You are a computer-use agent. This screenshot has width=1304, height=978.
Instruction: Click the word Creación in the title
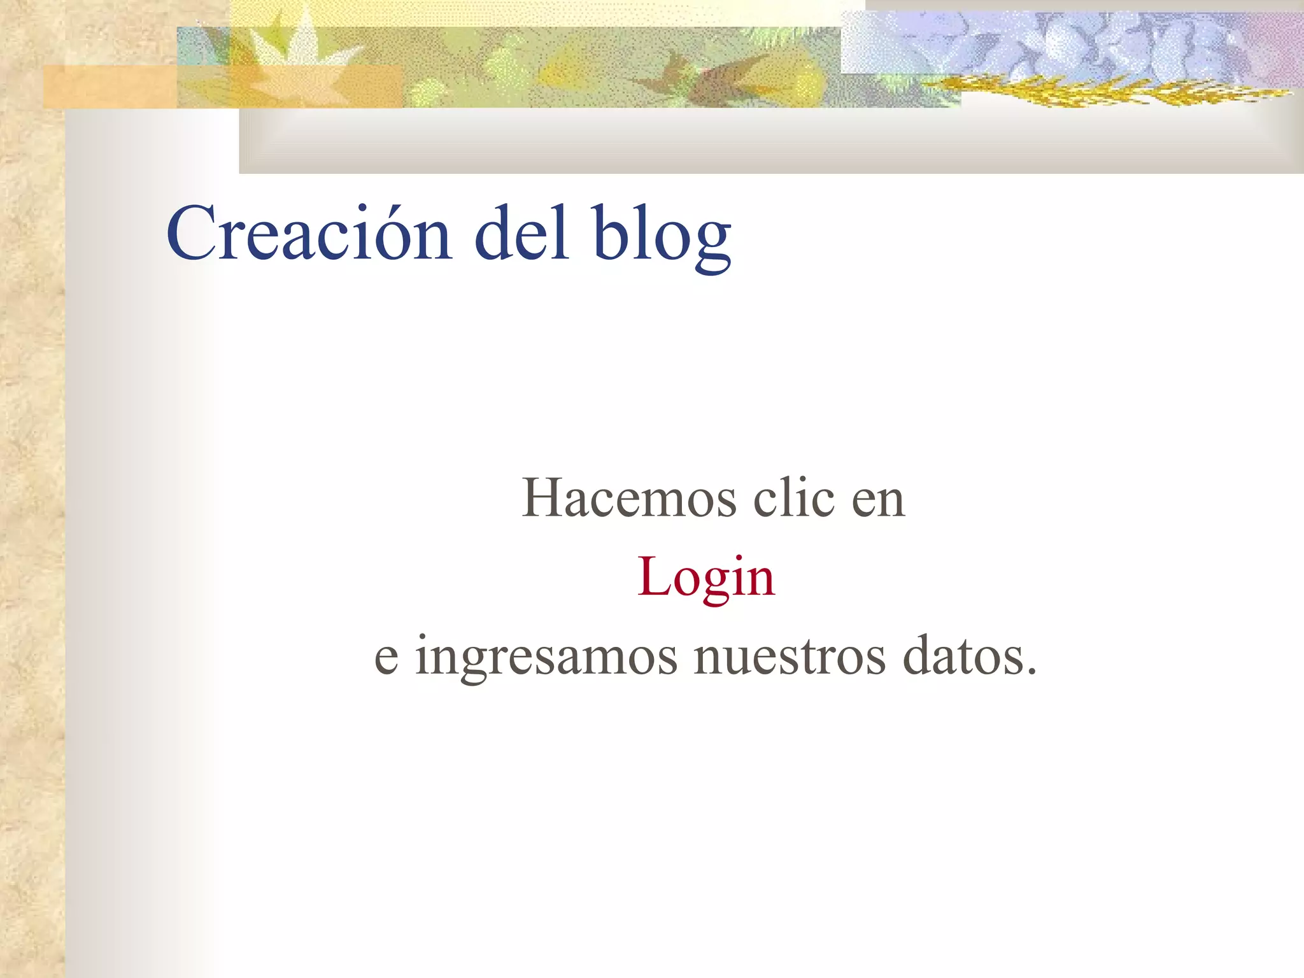point(309,233)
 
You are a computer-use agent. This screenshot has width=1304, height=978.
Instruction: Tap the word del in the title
point(521,233)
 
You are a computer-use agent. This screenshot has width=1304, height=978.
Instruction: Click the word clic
point(793,498)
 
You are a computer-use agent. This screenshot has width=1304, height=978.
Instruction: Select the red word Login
point(706,577)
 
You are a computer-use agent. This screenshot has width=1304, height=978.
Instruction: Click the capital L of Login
point(652,576)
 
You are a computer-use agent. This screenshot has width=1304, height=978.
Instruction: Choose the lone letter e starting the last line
point(386,658)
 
